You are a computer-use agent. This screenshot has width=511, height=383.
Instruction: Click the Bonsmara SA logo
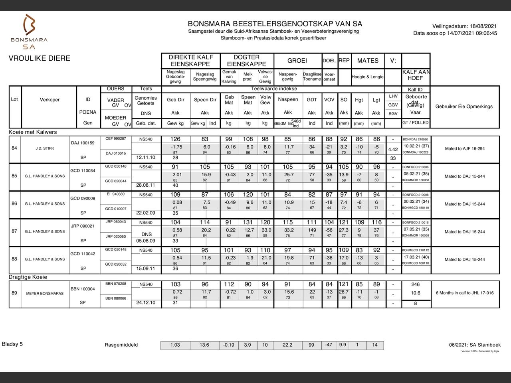29,32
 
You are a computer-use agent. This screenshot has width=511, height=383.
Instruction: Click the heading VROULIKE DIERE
40,58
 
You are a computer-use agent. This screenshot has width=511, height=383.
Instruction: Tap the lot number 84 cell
14,148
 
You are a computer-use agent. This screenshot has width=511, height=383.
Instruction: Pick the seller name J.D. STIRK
45,148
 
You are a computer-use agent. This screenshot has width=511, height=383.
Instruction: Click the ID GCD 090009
83,198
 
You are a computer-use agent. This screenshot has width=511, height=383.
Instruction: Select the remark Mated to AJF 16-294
465,148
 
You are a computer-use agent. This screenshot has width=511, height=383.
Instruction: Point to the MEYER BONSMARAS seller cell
45,293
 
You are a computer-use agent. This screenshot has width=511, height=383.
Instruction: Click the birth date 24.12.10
146,302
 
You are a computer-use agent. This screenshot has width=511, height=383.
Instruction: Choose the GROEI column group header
297,61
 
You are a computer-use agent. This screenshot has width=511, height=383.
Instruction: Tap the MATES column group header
368,61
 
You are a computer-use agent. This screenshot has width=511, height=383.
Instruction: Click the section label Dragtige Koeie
28,277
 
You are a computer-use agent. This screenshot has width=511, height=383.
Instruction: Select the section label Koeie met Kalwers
33,132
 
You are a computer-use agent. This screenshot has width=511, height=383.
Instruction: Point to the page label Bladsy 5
12,344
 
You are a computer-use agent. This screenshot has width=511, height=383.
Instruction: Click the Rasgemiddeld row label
121,345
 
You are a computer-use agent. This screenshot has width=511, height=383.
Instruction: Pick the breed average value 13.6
204,345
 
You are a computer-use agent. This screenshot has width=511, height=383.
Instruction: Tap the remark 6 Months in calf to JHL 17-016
465,293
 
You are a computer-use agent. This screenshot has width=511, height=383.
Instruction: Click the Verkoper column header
50,100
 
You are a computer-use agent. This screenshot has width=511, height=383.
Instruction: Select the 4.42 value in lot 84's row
393,150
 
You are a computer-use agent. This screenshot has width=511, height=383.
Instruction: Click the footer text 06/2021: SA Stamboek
475,345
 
